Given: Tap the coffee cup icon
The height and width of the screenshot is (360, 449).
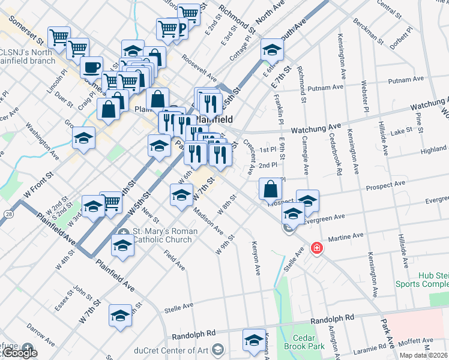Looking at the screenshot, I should point(91,67).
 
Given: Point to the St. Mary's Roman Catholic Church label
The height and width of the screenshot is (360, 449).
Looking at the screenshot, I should point(162,235).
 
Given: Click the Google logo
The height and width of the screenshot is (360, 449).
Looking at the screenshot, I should point(19,353).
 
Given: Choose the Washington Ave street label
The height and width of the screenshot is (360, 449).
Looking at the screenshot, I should point(42,142).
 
